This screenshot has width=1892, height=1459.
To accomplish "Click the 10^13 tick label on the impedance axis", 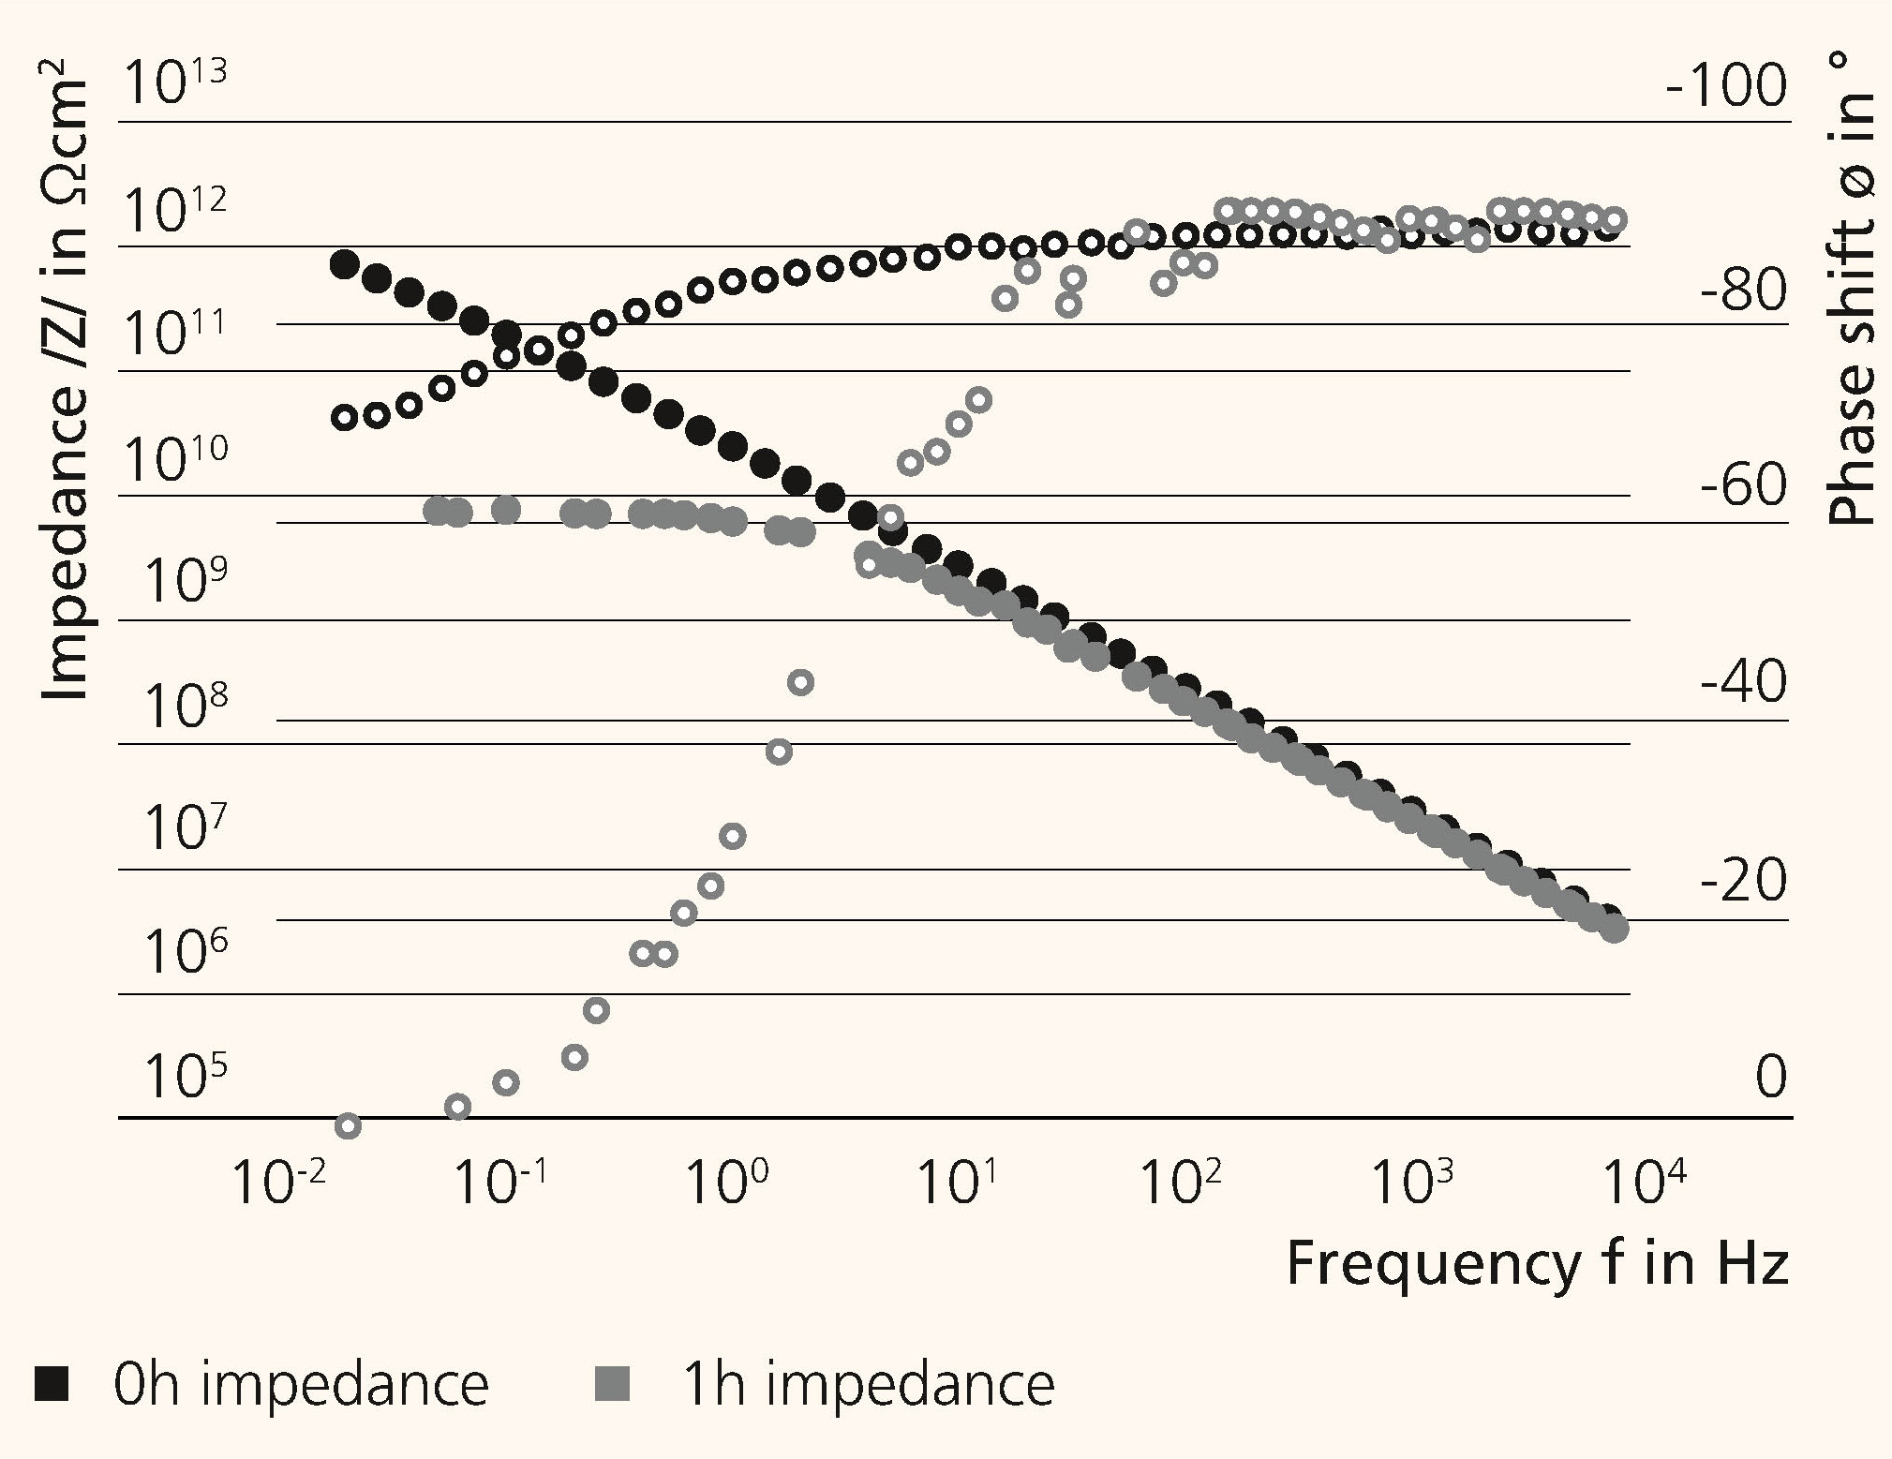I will (175, 83).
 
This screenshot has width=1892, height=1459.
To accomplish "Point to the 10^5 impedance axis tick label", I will (185, 1076).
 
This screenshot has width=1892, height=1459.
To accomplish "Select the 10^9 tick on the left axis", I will (185, 581).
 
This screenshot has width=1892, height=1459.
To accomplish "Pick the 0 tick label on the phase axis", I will (1770, 1076).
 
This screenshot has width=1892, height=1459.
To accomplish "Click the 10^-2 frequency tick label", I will (278, 1183).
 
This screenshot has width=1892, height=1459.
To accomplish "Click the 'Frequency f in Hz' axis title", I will (1537, 1262).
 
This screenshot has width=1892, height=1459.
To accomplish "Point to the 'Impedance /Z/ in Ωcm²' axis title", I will (66, 389).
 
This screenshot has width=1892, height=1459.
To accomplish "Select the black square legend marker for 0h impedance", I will (52, 1383).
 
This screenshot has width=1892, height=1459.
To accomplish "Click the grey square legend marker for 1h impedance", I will (613, 1383).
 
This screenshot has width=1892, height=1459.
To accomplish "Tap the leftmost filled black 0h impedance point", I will (345, 264).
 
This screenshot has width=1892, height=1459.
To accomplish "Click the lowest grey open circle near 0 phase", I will (348, 1125).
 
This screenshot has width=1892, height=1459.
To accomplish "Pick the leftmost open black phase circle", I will (345, 417).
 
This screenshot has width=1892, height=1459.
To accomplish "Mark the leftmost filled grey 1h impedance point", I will (436, 511).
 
